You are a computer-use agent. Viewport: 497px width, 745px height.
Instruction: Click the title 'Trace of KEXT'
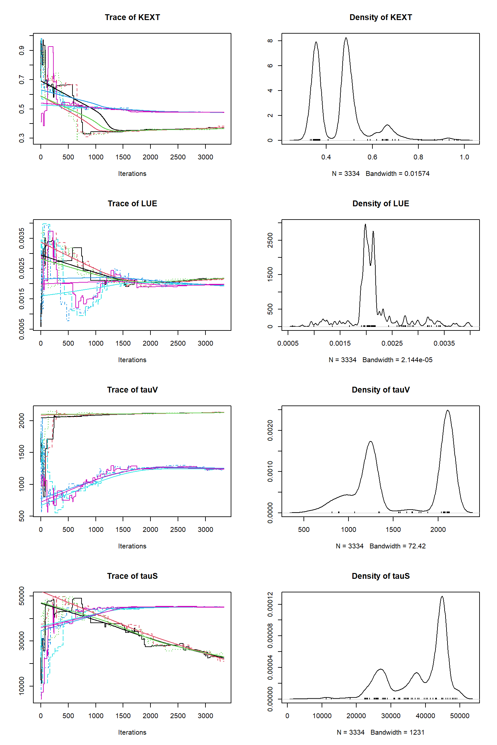(x=132, y=17)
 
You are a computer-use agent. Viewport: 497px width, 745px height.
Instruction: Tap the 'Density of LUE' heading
(x=381, y=204)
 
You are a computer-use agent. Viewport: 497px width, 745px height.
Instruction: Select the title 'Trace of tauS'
(x=132, y=576)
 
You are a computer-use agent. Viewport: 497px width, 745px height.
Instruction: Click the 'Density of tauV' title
(x=381, y=390)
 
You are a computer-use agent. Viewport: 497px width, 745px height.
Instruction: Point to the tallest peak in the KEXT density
(x=346, y=38)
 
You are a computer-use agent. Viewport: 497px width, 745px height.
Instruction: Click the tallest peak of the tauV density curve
(x=448, y=411)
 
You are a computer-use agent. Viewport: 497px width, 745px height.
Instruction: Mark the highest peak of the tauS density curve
(x=442, y=597)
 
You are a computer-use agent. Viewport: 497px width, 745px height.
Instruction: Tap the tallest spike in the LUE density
(x=365, y=224)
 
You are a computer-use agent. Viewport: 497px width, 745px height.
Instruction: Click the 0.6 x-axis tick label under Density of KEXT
(x=372, y=157)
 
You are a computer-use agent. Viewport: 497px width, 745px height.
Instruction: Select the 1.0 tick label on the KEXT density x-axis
(x=464, y=157)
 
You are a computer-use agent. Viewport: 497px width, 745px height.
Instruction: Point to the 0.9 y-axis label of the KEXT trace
(x=22, y=50)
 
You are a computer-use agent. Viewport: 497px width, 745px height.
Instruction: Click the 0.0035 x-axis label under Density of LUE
(x=444, y=343)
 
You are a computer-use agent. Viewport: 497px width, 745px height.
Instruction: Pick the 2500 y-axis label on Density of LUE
(x=270, y=240)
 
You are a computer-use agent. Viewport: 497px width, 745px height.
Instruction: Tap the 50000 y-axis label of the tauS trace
(x=22, y=596)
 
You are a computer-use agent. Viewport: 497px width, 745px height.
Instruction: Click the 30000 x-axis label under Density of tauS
(x=391, y=716)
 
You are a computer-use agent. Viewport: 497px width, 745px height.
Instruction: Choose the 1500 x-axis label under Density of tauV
(x=393, y=530)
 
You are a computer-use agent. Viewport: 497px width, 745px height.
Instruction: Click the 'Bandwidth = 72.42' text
(x=397, y=546)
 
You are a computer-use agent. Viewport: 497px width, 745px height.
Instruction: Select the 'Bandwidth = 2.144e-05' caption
(x=397, y=360)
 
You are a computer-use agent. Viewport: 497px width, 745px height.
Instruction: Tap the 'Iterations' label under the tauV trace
(x=132, y=546)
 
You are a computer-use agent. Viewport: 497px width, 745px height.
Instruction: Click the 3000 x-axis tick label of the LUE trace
(x=205, y=343)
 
